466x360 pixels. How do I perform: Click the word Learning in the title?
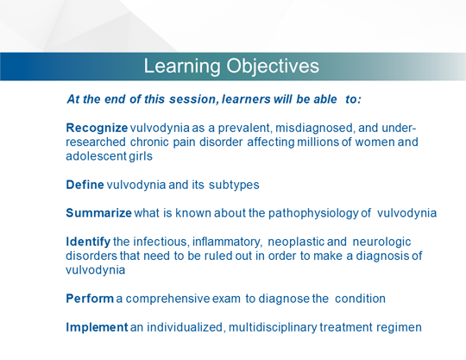tap(182, 66)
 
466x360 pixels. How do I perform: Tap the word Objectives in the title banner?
tap(273, 66)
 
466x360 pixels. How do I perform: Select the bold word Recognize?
tap(97, 129)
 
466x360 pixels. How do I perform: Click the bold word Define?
tap(85, 185)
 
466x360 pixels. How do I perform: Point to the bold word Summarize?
tap(98, 213)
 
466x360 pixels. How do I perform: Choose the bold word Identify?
tap(88, 243)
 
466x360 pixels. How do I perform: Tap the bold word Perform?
tap(90, 299)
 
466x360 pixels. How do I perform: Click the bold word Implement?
tap(97, 327)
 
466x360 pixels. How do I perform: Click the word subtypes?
tap(234, 186)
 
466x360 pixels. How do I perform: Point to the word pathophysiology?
tap(313, 214)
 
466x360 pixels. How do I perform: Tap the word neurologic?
tap(381, 243)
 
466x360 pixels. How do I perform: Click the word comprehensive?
tap(167, 299)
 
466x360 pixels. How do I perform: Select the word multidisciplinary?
tap(273, 327)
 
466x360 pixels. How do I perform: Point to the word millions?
tap(318, 142)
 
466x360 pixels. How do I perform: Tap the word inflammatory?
tap(227, 243)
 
